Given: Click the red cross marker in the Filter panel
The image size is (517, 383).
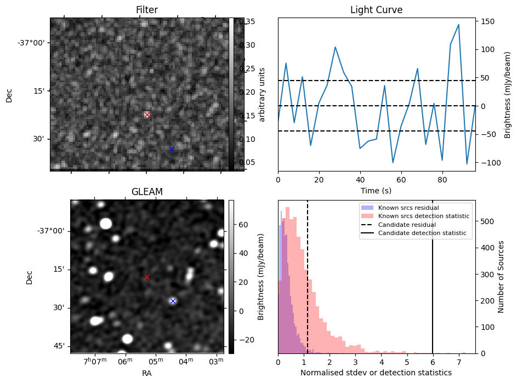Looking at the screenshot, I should click(147, 115).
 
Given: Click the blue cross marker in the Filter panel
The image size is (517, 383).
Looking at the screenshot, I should click(172, 149).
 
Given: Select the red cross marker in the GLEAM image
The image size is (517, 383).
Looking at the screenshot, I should click(147, 277).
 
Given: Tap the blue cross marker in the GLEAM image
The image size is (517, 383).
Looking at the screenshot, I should click(173, 301).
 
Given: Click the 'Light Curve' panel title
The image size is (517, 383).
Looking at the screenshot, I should click(376, 10).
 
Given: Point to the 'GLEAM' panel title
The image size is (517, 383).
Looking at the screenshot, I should click(147, 192).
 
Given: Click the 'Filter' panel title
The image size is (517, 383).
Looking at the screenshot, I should click(147, 10).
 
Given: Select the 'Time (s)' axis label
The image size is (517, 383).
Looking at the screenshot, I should click(376, 190).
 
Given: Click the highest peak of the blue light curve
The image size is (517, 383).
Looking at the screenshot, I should click(458, 25).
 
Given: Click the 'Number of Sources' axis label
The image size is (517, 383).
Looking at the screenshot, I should click(501, 277).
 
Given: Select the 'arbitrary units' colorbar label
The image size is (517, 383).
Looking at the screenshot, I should click(262, 94).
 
